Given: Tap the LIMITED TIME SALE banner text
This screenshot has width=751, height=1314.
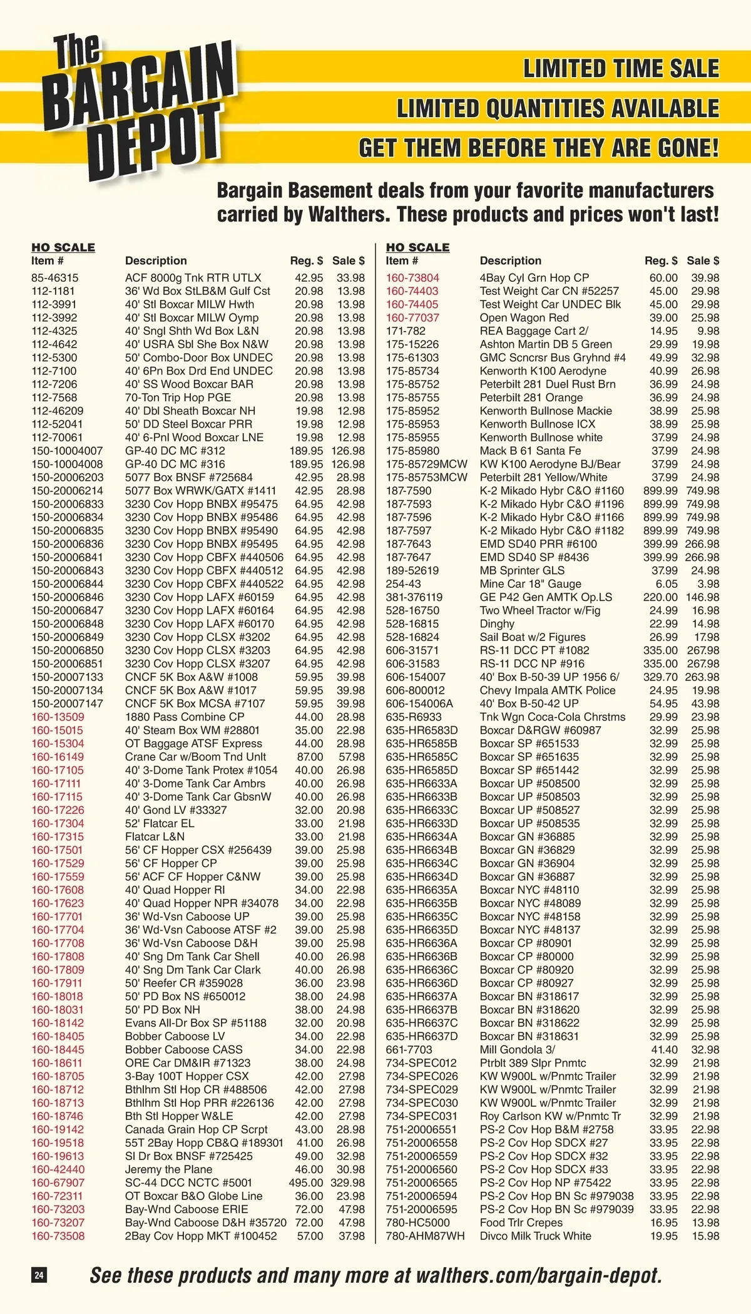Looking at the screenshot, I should click(x=621, y=69).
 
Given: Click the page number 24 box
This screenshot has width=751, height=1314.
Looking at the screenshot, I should click(x=39, y=1275).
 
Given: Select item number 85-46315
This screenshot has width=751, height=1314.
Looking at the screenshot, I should click(x=55, y=277).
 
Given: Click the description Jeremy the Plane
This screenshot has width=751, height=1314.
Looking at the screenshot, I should click(x=168, y=1169).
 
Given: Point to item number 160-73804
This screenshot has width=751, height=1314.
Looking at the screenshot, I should click(x=412, y=277).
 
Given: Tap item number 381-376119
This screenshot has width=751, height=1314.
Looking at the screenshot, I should click(x=414, y=597).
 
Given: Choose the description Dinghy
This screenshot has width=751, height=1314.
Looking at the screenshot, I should click(x=497, y=624).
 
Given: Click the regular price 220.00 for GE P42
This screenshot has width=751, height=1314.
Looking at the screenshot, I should click(x=660, y=597).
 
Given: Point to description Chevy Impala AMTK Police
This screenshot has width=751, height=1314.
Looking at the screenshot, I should click(x=548, y=690).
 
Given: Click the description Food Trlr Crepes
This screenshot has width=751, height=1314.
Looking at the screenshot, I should click(x=521, y=1223).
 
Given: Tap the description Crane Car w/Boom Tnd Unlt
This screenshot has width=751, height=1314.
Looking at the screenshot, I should click(x=196, y=757).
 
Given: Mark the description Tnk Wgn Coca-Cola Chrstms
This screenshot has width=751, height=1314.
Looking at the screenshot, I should click(x=553, y=717).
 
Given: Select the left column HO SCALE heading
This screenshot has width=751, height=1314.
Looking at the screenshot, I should click(x=63, y=247).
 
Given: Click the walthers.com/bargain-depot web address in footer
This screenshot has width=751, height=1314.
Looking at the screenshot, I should click(x=539, y=1275).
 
